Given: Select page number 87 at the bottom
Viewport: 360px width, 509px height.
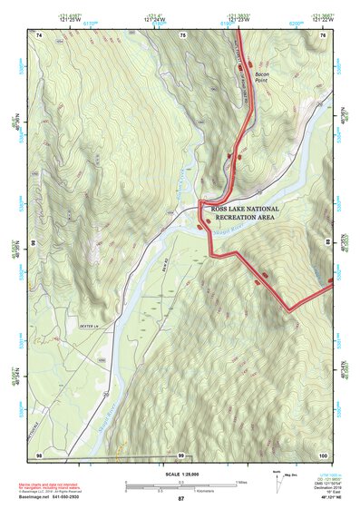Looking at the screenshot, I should [x=180, y=499].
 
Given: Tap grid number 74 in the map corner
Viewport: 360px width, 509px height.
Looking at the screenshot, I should [x=39, y=34].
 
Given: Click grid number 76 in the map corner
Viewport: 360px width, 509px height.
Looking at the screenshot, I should [x=322, y=34].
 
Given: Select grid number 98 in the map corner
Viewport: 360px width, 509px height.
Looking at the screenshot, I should [x=39, y=454].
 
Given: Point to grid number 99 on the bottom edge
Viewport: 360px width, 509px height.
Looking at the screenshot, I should [x=181, y=454].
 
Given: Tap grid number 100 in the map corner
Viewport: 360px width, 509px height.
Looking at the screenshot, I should [x=321, y=454].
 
